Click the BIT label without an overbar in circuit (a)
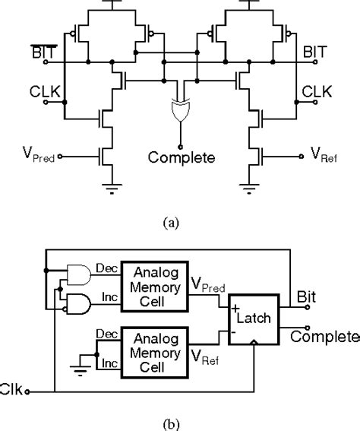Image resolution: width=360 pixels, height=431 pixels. click(316, 53)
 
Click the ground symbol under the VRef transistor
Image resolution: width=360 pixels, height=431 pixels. click(248, 188)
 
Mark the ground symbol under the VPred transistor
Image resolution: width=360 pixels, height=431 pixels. click(112, 188)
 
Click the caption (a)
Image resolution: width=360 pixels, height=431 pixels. click(179, 223)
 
